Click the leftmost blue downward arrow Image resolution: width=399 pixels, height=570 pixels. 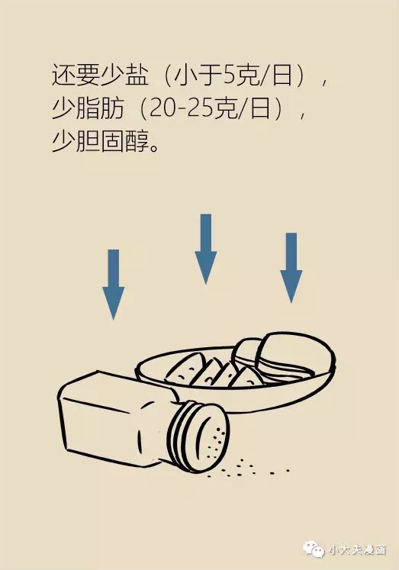pos(114,285)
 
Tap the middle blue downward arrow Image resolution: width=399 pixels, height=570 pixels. pos(206,249)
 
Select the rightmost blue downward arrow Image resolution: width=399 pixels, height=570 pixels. pos(291,268)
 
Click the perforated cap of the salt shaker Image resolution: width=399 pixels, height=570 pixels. pos(199,436)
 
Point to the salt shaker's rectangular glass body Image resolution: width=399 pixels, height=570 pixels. pos(116,418)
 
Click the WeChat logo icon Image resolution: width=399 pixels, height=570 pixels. pos(314,549)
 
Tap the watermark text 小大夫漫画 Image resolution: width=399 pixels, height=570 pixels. pos(357,549)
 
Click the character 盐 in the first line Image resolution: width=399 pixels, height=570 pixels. pos(137,76)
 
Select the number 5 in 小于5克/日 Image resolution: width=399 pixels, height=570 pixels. pos(229,76)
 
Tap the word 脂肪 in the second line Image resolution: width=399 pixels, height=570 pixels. pos(100,108)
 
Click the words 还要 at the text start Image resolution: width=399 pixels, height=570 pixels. pos(76,76)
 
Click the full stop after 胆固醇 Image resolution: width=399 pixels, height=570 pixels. pos(154,148)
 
